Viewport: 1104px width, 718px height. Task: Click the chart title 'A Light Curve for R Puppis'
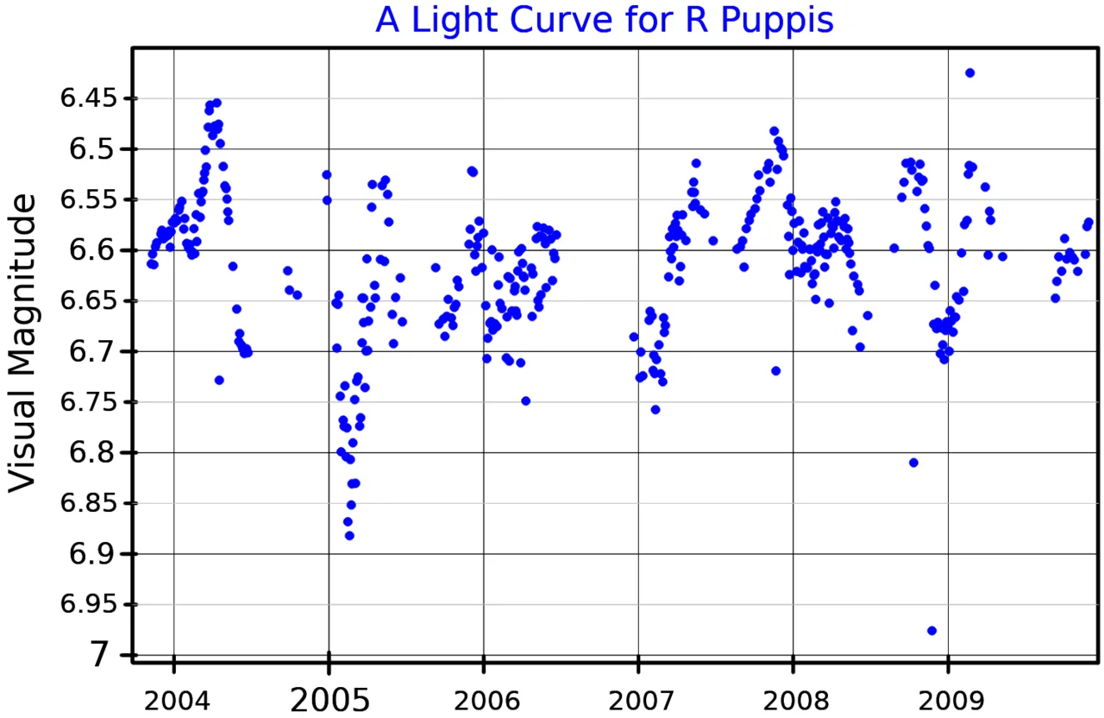(x=604, y=21)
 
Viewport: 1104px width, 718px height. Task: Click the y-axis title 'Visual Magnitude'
(x=24, y=343)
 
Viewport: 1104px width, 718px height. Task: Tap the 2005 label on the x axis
(x=329, y=698)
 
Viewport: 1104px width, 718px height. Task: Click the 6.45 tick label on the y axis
(x=88, y=98)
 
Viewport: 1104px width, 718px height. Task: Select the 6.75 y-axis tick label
(x=88, y=402)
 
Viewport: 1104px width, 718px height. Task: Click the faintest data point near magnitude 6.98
(x=931, y=631)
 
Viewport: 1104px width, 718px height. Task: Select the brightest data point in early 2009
(x=969, y=72)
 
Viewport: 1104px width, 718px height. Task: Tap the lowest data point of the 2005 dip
(x=349, y=536)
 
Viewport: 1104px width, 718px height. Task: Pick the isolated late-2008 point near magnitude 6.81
(x=913, y=463)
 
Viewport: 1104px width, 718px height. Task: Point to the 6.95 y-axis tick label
(x=88, y=604)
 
